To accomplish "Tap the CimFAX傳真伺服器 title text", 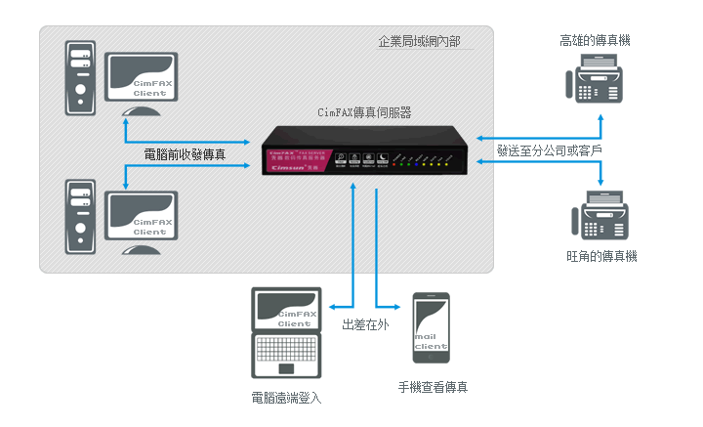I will (364, 112).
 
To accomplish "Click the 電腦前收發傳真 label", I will (185, 153).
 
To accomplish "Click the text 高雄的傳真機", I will (595, 40).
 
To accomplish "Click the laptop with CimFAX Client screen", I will (286, 332).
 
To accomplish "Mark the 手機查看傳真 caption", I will (433, 387).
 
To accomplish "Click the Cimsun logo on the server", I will (286, 165).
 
